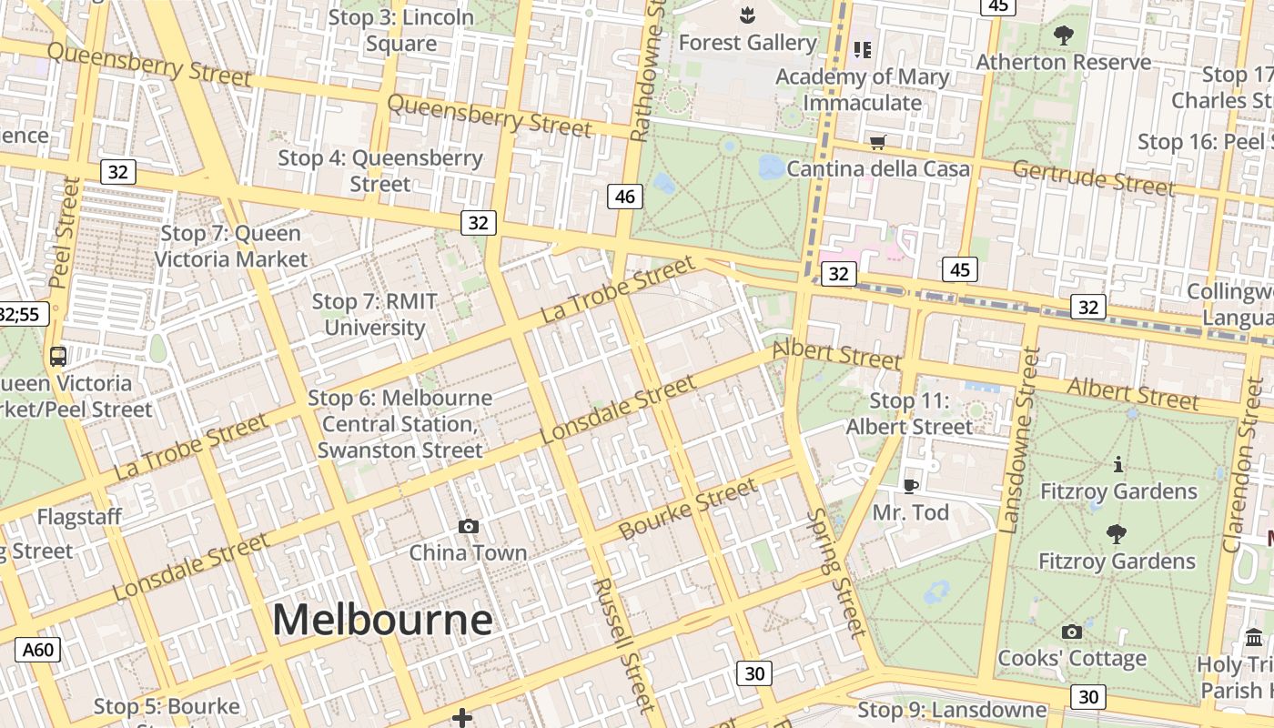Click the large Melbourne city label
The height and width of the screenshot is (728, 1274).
tap(382, 621)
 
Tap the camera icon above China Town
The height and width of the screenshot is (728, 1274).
tap(469, 526)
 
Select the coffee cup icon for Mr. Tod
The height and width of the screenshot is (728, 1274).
tap(910, 486)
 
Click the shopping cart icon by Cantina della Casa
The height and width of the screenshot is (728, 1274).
tap(878, 142)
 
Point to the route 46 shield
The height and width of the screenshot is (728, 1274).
tap(625, 196)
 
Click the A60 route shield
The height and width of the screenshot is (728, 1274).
tap(38, 650)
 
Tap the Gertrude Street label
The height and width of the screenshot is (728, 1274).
tap(1093, 177)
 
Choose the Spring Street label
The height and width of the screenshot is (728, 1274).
tap(834, 572)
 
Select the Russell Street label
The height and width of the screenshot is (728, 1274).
tap(623, 645)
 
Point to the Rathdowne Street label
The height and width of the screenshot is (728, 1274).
tap(647, 71)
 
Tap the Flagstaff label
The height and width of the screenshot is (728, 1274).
tap(79, 517)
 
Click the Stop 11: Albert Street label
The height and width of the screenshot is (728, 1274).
tap(909, 413)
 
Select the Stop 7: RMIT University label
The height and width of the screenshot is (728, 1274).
tap(374, 314)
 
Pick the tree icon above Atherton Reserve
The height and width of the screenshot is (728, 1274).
tap(1063, 36)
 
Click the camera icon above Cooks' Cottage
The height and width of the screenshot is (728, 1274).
tap(1072, 632)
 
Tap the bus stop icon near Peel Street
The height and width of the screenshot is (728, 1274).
tap(58, 357)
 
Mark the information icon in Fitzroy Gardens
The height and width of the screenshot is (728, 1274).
tap(1118, 465)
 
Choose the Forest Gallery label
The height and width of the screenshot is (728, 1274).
tap(747, 43)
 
